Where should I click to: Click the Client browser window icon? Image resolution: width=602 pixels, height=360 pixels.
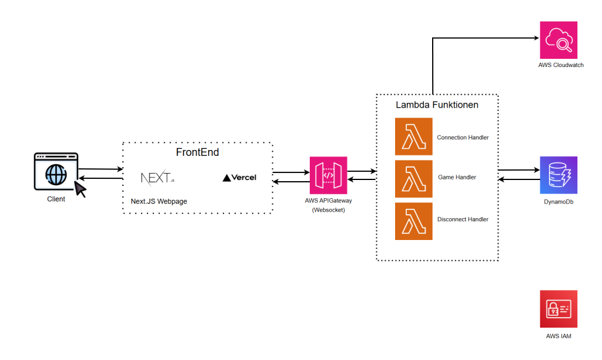pos(56,172)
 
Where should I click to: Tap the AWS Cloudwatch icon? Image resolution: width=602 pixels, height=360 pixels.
pos(558,40)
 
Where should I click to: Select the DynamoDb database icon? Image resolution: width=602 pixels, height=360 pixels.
pos(558,175)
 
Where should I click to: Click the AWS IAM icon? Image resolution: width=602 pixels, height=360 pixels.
pos(558,309)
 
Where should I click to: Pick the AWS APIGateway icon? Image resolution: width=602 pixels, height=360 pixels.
pos(328,175)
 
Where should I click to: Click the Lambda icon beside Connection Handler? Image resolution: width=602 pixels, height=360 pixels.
pos(413,136)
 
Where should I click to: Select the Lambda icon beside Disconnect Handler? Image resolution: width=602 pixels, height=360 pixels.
pos(413,221)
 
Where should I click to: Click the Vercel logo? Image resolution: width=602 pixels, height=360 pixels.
pos(240,178)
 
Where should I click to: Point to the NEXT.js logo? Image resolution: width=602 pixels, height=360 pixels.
pos(158,177)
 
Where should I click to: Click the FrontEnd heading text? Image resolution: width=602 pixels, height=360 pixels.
pos(198,152)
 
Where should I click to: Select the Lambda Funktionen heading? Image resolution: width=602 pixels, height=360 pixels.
pos(437,105)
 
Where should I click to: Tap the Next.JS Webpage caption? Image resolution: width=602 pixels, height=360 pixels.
pos(159,201)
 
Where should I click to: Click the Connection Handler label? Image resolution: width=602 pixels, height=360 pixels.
pos(463,138)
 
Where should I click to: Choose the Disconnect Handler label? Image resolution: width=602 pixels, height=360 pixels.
pos(463,219)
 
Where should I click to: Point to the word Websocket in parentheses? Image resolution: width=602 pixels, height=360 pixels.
pos(328,209)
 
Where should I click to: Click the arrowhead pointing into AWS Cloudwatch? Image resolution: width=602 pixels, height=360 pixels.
pos(536,38)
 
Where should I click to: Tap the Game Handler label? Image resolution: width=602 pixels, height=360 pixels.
pos(457,177)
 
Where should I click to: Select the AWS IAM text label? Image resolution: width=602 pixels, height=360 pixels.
pos(558,336)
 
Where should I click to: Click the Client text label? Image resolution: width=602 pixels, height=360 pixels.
pos(56,199)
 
